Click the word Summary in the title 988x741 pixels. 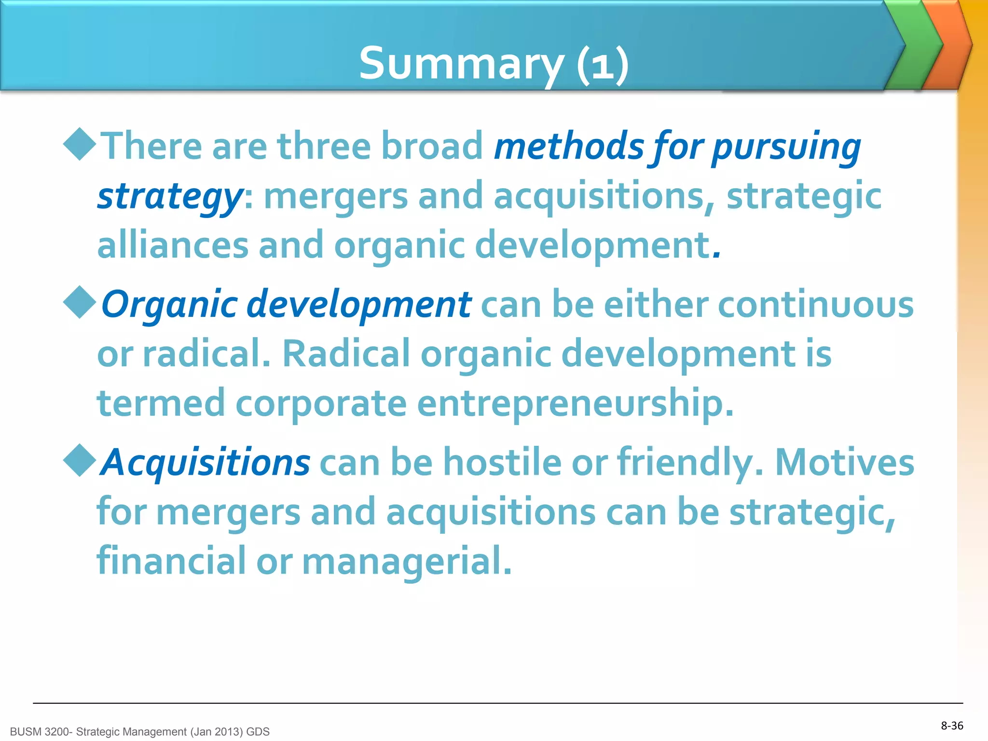pos(461,64)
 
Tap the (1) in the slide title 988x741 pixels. pos(603,64)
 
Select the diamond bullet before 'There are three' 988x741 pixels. pos(80,144)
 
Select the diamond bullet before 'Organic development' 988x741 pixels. pos(80,302)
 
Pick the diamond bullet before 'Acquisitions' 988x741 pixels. pos(80,460)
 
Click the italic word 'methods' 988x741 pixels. pos(569,146)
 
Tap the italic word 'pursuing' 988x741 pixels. pos(786,147)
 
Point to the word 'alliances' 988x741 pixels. pos(173,245)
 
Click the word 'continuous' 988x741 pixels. pos(815,305)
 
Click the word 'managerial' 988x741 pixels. pos(406,562)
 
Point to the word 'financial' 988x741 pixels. pos(172,561)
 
